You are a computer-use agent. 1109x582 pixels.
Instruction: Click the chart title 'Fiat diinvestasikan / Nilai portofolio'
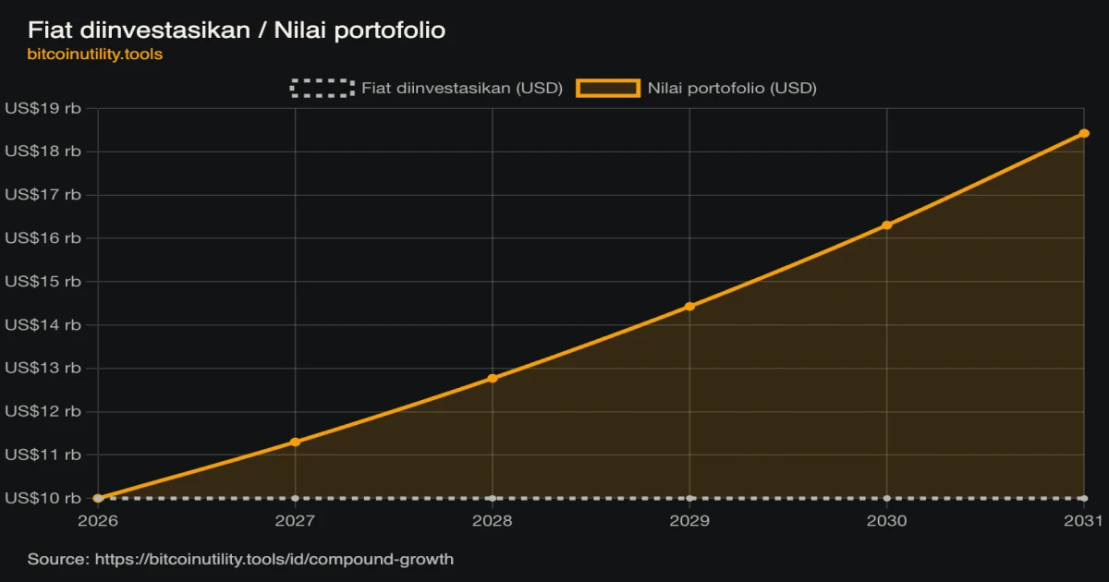click(x=237, y=30)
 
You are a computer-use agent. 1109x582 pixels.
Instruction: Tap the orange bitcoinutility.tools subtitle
click(x=94, y=54)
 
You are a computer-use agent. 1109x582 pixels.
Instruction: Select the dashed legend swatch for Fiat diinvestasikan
click(x=323, y=88)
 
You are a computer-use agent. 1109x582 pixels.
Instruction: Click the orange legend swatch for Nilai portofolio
click(x=608, y=88)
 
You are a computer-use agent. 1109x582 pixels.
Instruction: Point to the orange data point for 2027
click(x=295, y=442)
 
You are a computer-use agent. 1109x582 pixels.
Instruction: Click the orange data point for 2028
click(x=492, y=379)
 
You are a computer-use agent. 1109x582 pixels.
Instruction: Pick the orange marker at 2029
click(x=689, y=307)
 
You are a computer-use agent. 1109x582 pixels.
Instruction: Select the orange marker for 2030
click(x=886, y=225)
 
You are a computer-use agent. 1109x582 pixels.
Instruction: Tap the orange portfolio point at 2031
click(x=1084, y=134)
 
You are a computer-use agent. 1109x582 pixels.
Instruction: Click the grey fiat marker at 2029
click(x=689, y=498)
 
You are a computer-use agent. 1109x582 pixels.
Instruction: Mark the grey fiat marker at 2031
click(x=1084, y=498)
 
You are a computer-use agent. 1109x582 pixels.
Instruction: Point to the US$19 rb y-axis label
click(x=43, y=108)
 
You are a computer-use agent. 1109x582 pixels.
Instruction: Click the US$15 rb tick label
click(x=43, y=281)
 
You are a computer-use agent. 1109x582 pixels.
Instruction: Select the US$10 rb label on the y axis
click(x=43, y=498)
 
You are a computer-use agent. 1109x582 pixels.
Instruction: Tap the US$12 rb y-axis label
click(x=43, y=411)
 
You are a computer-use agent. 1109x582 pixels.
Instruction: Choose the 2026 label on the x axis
click(x=98, y=521)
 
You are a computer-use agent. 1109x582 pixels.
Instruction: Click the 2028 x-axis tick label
click(x=492, y=521)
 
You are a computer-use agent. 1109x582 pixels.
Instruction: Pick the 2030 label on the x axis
click(x=886, y=521)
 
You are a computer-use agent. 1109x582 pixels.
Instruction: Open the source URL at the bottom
click(x=274, y=559)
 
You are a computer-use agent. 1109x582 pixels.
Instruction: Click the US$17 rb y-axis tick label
click(x=43, y=195)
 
